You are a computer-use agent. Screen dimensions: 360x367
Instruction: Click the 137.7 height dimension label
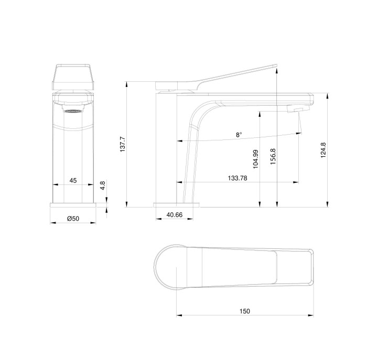pyautogui.click(x=123, y=145)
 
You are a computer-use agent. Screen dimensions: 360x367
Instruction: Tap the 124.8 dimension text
pyautogui.click(x=323, y=150)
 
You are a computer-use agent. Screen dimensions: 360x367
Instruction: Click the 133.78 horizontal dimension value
pyautogui.click(x=238, y=178)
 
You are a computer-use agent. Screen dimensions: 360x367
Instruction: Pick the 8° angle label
pyautogui.click(x=239, y=135)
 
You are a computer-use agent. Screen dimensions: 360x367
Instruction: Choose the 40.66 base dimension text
pyautogui.click(x=175, y=214)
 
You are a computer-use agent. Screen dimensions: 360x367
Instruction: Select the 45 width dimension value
pyautogui.click(x=73, y=180)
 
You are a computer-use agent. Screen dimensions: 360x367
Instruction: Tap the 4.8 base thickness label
pyautogui.click(x=103, y=185)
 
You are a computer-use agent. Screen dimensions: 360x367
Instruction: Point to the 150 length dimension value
pyautogui.click(x=244, y=311)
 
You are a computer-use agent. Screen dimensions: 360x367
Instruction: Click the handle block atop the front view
pyautogui.click(x=73, y=77)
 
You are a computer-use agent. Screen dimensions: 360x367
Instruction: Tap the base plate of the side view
pyautogui.click(x=177, y=204)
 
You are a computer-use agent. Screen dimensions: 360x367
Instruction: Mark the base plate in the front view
pyautogui.click(x=74, y=204)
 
